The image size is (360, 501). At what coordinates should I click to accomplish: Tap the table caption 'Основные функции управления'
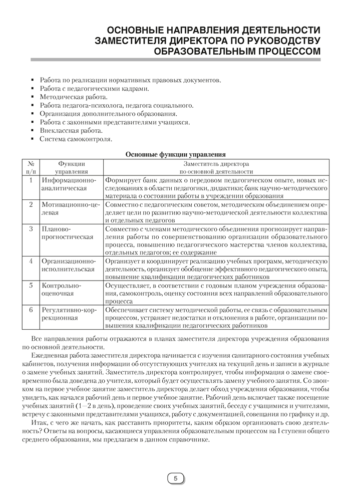click(175, 154)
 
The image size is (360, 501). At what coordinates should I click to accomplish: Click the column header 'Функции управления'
click(71, 167)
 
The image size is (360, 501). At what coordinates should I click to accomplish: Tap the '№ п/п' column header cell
click(31, 167)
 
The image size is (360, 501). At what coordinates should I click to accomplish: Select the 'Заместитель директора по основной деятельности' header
click(216, 167)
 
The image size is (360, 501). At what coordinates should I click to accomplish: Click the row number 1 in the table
click(31, 179)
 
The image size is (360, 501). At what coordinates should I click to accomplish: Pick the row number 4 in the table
click(31, 261)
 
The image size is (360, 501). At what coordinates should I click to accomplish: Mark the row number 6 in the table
click(31, 310)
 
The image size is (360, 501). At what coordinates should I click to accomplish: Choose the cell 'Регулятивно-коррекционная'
click(71, 314)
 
